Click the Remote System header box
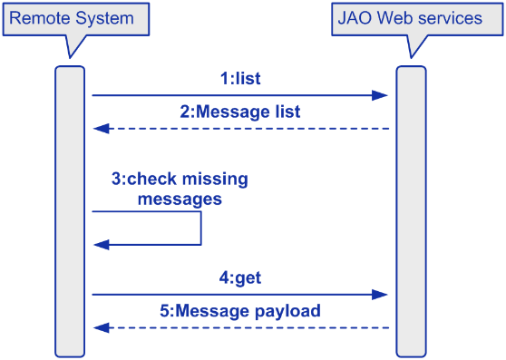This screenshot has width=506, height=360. point(72,18)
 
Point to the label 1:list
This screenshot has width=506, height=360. point(240,79)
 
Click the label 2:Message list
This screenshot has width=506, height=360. point(240,112)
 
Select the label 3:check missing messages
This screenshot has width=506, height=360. point(180,189)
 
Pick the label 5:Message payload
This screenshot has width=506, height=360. point(240,311)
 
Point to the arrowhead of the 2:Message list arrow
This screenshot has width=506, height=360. point(99,129)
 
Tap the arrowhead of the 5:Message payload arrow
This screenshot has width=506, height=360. point(99,327)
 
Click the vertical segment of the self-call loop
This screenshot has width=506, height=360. point(200,229)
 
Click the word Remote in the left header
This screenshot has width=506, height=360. point(37,18)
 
